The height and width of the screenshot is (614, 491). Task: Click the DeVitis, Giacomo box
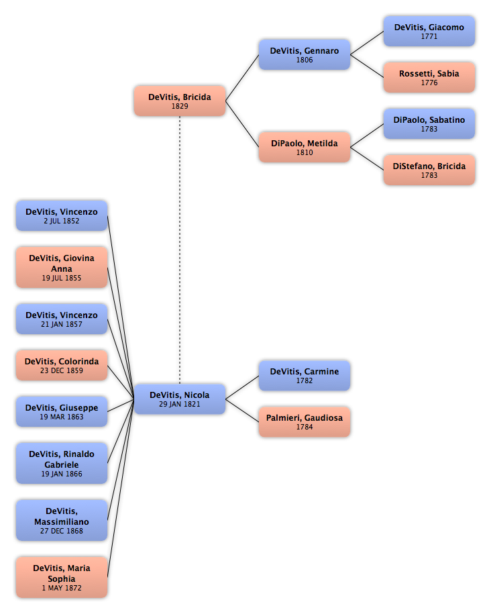429,32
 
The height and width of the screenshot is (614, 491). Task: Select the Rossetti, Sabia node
429,78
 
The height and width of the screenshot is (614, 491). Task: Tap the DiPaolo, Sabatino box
429,123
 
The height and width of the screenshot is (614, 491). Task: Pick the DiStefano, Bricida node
429,170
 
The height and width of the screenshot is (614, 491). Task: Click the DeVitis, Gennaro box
305,54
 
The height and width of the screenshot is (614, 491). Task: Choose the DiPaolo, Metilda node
305,147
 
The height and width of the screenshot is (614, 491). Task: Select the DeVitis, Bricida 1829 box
180,101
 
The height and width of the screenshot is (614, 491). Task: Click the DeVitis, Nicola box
180,399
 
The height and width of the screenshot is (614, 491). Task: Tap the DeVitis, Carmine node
305,376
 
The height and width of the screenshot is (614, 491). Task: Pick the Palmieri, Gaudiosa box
305,421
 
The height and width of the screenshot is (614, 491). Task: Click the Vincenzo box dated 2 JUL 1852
62,216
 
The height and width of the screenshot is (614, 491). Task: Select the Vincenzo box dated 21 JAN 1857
62,319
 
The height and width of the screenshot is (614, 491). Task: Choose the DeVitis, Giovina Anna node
62,268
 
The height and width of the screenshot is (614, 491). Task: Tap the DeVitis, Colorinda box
62,365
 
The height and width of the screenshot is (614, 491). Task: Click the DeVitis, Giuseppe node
62,411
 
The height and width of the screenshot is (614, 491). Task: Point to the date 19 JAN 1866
62,474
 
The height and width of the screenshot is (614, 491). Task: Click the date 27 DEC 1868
62,531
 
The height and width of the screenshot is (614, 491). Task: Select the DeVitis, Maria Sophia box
62,577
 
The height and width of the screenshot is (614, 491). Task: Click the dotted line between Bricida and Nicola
180,250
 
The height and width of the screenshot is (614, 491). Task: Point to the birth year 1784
305,427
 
